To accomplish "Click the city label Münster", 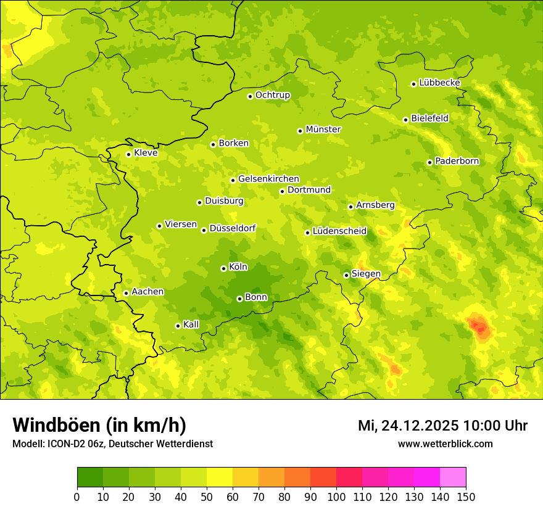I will (x=323, y=130).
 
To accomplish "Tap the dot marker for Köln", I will (x=223, y=268).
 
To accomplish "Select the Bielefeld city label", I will (x=429, y=118).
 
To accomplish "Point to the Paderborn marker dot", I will (x=429, y=162).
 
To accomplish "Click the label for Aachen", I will (x=147, y=291).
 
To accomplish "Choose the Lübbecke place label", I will (x=439, y=83).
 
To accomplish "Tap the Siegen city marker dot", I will (x=346, y=275).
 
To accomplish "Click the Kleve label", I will (x=146, y=153).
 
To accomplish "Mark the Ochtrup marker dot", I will (x=250, y=96).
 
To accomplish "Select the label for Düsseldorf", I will (x=232, y=228).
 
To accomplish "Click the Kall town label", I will (x=191, y=324).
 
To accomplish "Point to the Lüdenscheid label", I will (x=339, y=231).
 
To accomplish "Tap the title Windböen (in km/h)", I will (x=99, y=425).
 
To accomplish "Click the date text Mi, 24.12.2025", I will (x=407, y=426).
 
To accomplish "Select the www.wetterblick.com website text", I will (x=445, y=444).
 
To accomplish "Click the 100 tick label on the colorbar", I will (x=336, y=497).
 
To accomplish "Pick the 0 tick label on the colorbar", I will (x=77, y=497).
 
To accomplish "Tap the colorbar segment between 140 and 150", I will (x=453, y=477).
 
